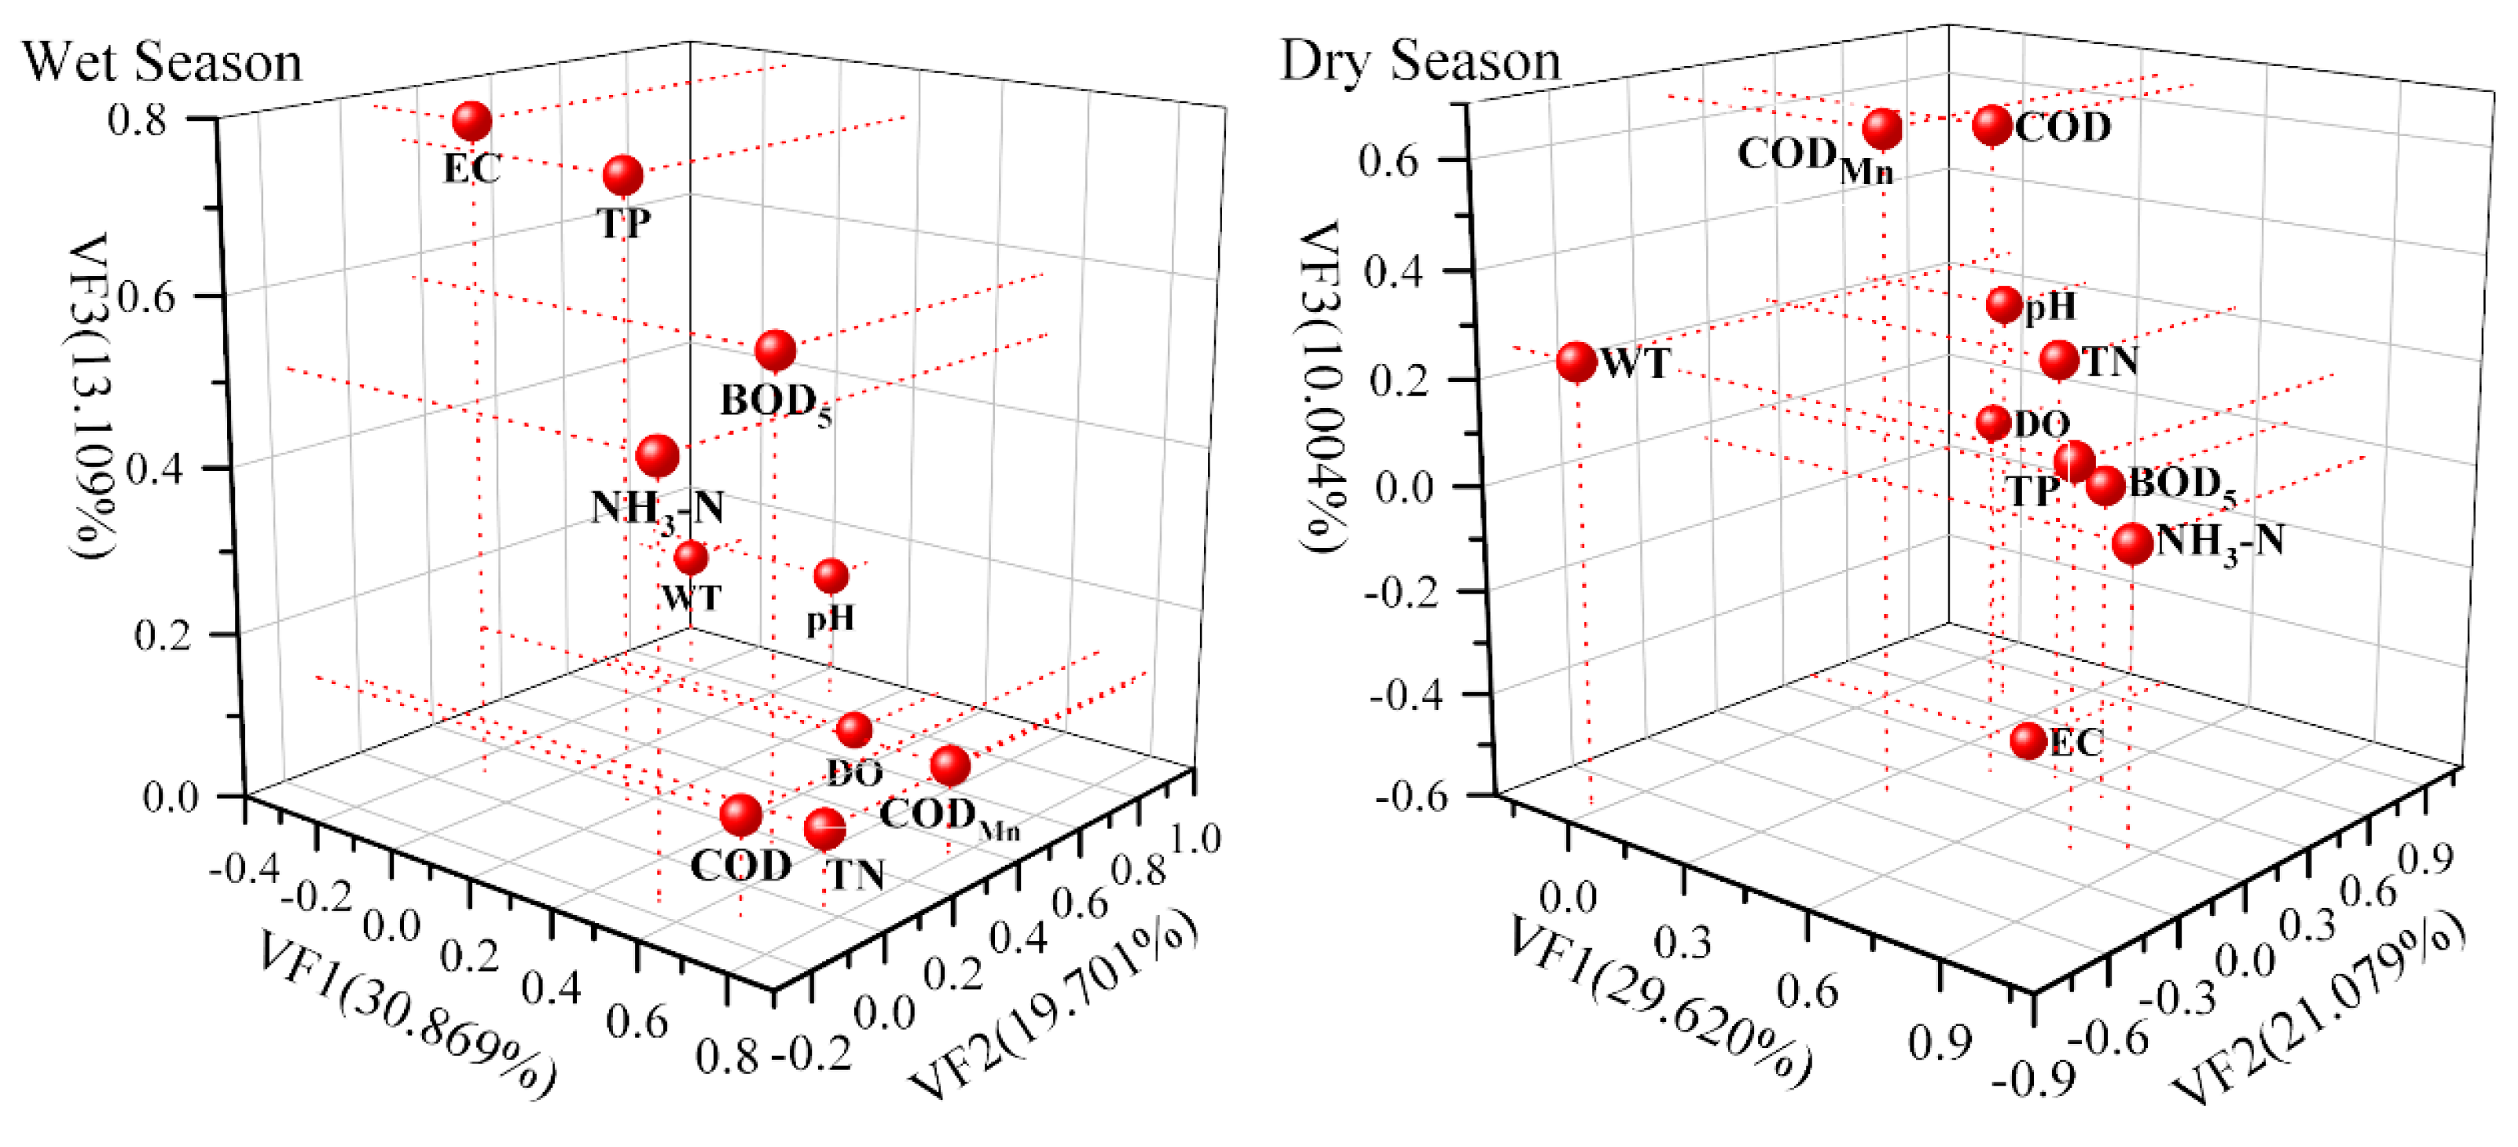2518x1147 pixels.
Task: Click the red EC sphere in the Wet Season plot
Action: [x=472, y=121]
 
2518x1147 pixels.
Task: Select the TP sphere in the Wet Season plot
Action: [x=622, y=175]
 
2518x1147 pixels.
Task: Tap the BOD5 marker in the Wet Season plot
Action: [x=775, y=350]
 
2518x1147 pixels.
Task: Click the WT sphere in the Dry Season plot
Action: [x=1576, y=361]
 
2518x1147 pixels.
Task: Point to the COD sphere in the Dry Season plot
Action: [x=1992, y=125]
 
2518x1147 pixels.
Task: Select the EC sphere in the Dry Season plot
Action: [x=2028, y=741]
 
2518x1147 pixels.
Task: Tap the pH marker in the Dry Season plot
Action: [x=2004, y=305]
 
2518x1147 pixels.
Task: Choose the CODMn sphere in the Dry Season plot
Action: [x=1881, y=128]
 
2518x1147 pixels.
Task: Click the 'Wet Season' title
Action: [x=162, y=63]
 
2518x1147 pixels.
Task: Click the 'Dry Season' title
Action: [x=1420, y=61]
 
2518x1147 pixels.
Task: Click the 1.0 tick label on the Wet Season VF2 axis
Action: [x=1196, y=839]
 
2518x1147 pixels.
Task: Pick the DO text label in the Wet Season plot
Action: [x=855, y=774]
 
